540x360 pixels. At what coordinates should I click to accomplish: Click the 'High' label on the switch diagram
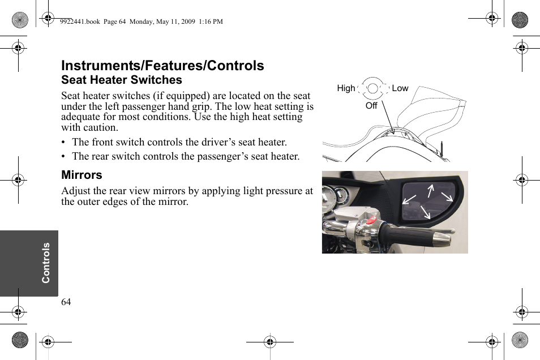pos(346,88)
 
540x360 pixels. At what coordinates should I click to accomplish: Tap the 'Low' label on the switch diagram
pos(400,88)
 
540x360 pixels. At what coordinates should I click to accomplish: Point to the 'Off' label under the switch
pos(371,106)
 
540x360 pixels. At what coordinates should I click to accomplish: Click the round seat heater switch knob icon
pos(373,88)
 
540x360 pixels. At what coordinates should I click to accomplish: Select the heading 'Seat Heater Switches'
pos(122,80)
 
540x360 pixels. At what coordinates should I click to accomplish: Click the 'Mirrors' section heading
pos(82,175)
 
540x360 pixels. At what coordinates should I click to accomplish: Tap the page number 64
pos(66,302)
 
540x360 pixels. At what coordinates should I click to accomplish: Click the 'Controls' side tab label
pos(46,263)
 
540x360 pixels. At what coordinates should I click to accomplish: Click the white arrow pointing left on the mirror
pos(409,198)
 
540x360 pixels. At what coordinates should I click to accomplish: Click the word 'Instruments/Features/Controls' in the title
pos(162,66)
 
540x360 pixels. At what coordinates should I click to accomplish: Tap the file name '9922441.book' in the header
pos(80,22)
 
